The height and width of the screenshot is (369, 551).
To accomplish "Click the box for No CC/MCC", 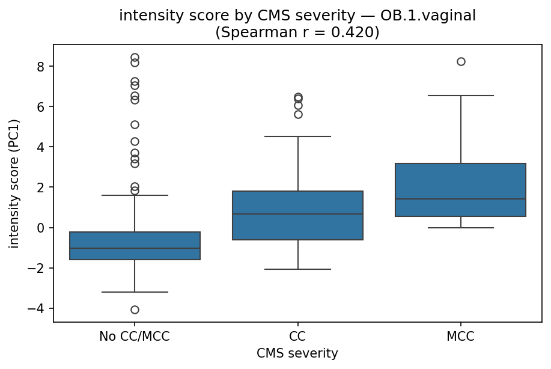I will coord(135,246).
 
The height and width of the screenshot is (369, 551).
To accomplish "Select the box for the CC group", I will coord(297,215).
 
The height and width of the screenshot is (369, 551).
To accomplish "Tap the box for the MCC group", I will coord(460,190).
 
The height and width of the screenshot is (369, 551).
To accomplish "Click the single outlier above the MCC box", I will coord(461,61).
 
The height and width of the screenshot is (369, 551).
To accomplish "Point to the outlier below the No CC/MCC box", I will coord(135,310).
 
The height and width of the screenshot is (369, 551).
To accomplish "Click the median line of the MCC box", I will coord(460,199).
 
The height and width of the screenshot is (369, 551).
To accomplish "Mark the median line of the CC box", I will coord(297,214).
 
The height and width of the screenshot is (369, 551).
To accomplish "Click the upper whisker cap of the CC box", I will coord(297,136).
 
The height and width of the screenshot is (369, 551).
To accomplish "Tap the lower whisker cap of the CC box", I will coord(297,269).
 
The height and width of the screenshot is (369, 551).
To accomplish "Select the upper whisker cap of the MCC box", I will coord(460,96).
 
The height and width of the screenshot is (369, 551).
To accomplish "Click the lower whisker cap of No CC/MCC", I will coord(135,292).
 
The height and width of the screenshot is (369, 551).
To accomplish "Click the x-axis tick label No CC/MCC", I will coord(135,337).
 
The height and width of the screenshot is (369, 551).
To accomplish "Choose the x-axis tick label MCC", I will coord(460,337).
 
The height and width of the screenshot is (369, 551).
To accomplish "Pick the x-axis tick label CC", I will coord(297,337).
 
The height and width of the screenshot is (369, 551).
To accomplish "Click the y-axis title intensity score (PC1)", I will coord(14,183).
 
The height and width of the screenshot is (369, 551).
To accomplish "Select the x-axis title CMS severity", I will coord(297,354).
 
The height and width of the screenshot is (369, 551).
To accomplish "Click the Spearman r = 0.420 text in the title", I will coord(297,32).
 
